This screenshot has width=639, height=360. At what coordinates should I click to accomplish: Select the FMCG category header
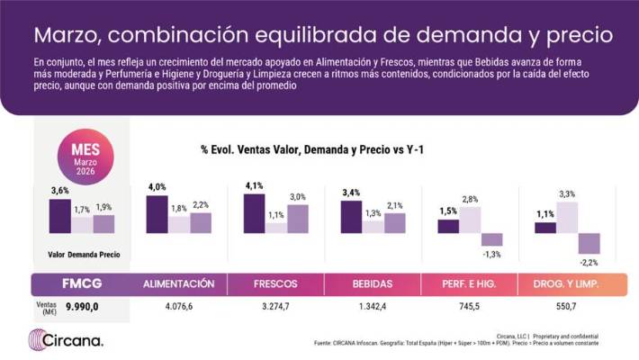[81, 283]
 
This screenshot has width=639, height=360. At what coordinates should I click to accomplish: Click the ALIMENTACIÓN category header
[178, 283]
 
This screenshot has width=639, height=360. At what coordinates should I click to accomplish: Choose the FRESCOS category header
[274, 283]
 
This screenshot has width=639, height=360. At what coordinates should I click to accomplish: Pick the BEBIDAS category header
[372, 283]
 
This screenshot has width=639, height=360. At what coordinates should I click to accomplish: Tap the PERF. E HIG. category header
[469, 283]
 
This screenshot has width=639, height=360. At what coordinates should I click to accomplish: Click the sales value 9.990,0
[82, 307]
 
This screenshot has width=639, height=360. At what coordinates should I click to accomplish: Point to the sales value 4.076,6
[178, 306]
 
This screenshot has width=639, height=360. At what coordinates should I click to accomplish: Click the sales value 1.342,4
[372, 306]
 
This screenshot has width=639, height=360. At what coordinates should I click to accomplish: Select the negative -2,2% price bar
[589, 243]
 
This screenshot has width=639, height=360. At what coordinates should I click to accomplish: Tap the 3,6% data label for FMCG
[59, 190]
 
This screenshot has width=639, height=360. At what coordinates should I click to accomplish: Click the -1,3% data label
[491, 255]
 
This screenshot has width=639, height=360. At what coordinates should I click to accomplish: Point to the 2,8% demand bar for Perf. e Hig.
[470, 220]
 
